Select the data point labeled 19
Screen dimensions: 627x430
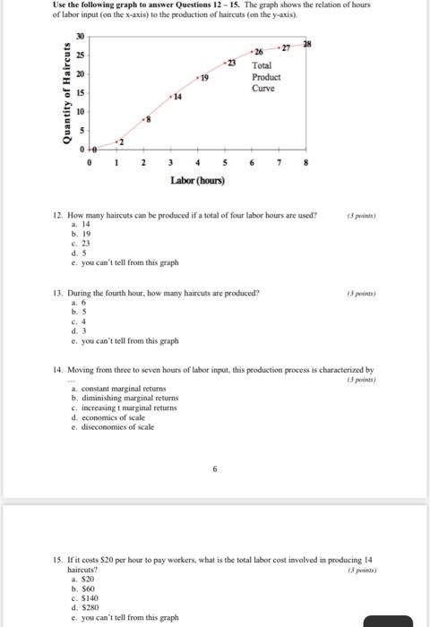point(198,79)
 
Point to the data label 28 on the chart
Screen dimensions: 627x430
point(308,44)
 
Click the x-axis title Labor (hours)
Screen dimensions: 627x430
point(197,180)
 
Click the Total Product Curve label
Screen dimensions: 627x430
point(266,77)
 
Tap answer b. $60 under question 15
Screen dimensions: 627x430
point(85,588)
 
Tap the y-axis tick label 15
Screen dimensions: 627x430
point(79,93)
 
